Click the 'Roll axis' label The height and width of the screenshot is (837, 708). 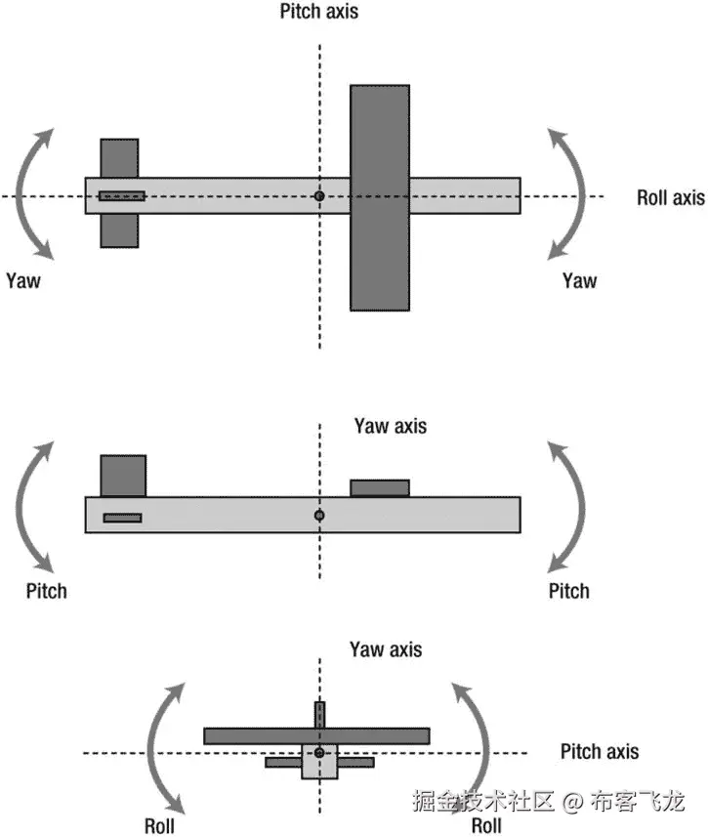coord(670,197)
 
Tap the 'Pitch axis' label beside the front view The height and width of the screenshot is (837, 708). coord(600,751)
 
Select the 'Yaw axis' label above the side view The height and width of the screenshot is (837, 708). coord(390,426)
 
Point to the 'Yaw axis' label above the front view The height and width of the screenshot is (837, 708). coord(386,649)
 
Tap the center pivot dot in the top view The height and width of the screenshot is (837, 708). coord(318,196)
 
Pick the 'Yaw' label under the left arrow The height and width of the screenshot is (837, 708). coord(22,280)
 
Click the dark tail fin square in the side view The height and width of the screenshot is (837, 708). coord(123,476)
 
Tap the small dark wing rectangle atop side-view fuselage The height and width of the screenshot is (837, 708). coord(380,487)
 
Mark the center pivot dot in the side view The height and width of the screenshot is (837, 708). coord(318,515)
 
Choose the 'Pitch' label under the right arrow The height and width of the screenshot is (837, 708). coord(568,591)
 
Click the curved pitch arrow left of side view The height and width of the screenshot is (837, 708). coord(29,505)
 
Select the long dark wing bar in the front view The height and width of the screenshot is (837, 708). coord(315,735)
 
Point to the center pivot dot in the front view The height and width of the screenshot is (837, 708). coord(318,753)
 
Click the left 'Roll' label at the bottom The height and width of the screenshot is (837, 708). coord(160,826)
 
